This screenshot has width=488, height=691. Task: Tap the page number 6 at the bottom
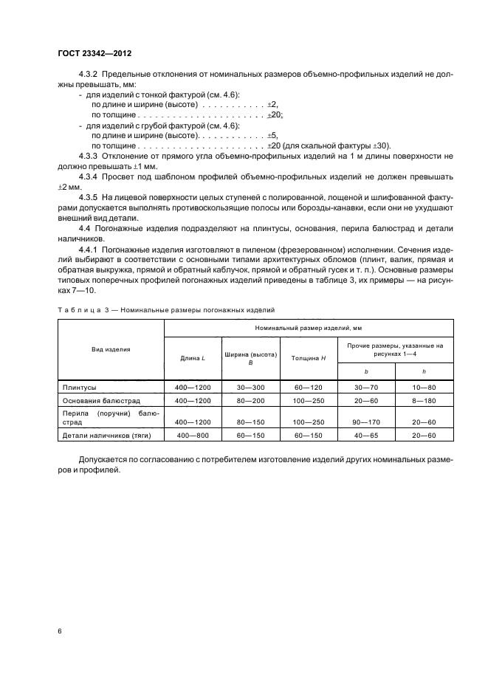[x=59, y=631]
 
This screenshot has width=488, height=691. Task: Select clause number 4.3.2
[x=91, y=76]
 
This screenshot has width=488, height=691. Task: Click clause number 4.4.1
[x=91, y=250]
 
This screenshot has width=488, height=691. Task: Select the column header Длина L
[x=192, y=358]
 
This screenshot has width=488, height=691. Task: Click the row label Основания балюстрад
[x=100, y=399]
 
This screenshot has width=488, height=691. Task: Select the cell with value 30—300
[x=250, y=386]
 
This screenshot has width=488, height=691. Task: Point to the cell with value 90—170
[x=365, y=422]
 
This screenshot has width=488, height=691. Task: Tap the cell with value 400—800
[x=192, y=435]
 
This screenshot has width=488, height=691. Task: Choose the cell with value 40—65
[x=365, y=435]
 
